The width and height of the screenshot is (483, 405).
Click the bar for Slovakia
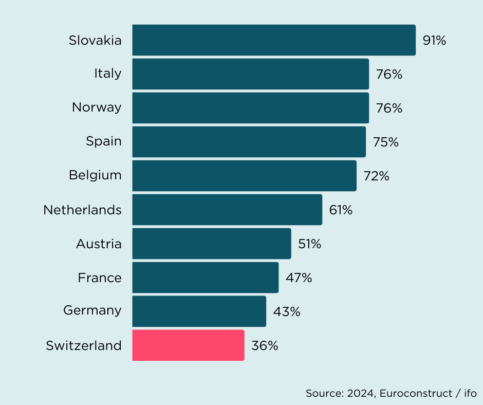pos(273,40)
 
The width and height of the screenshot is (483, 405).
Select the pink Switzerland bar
pos(188,345)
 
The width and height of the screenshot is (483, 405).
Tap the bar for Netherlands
pos(227,210)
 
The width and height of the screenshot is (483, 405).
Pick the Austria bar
pos(211,244)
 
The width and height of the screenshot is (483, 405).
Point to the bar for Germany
pos(199,311)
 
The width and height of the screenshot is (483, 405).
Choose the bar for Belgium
pos(244,176)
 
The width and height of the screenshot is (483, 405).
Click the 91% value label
pos(434,41)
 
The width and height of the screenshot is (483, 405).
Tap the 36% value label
pos(265,346)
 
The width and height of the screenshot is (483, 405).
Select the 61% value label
pos(341,210)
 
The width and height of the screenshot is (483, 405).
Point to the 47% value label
pos(299,278)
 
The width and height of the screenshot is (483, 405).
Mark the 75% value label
pos(386,142)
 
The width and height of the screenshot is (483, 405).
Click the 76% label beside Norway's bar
pos(389,108)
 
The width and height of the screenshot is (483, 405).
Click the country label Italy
pos(108,74)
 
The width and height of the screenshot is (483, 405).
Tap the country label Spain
pos(104,141)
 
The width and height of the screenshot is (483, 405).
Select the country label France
pos(100,278)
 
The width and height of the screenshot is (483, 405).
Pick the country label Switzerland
pos(84,345)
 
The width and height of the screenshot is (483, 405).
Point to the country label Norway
pos(97,107)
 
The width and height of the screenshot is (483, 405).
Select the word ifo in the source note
pos(470,393)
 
